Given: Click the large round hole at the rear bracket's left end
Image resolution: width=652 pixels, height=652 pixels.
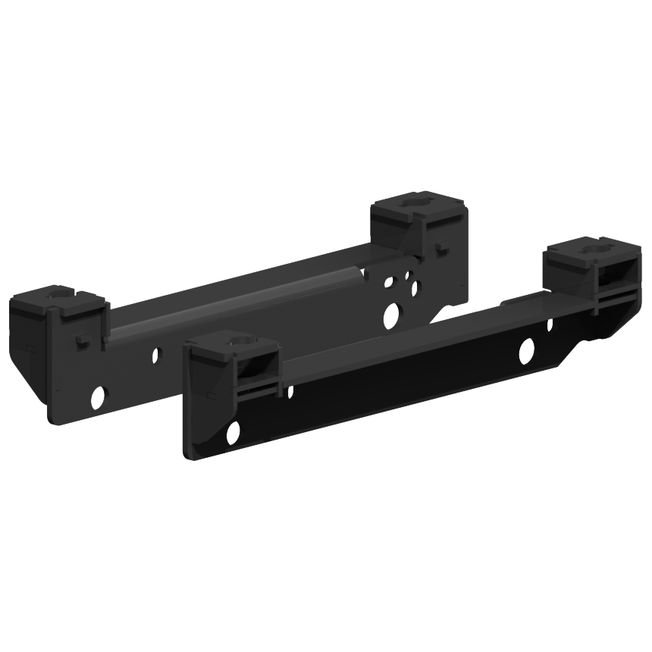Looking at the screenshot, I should coord(98,395).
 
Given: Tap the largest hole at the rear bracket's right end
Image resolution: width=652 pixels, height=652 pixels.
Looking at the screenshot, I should coord(391,315).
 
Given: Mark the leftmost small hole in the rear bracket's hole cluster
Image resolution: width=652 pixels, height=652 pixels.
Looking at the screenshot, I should coord(388,283).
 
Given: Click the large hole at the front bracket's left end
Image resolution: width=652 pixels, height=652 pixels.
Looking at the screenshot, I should coord(233,431).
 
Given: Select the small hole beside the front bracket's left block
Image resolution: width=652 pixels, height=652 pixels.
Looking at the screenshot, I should coord(290,391).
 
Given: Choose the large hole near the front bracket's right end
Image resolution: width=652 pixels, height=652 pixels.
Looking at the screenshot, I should coord(525,349).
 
